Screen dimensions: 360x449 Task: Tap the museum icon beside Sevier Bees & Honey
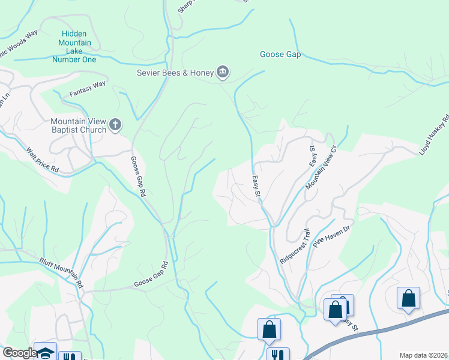click(223, 73)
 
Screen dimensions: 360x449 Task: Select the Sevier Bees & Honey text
click(175, 73)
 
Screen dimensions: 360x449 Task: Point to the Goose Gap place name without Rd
click(280, 54)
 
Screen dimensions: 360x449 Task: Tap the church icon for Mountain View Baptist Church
click(115, 125)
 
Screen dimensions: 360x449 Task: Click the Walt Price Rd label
click(43, 161)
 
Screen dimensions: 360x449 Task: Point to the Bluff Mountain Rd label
click(61, 273)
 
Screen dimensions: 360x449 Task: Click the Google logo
click(20, 352)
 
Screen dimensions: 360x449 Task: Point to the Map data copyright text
click(424, 355)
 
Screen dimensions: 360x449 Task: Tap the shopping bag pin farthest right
click(408, 298)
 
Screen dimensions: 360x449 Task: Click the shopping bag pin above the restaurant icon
click(270, 329)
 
